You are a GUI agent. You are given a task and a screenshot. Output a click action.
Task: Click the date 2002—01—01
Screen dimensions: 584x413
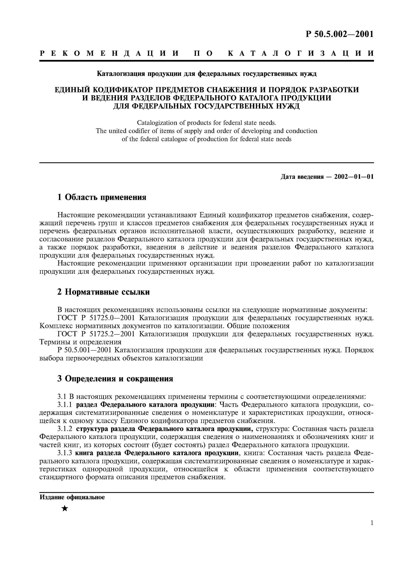pos(354,177)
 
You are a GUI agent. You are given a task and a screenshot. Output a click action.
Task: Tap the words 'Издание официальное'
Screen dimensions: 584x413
pos(72,497)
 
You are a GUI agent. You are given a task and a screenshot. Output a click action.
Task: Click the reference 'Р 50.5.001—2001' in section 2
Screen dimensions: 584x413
pos(85,350)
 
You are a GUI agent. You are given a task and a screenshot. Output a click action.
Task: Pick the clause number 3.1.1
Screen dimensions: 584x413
pos(65,405)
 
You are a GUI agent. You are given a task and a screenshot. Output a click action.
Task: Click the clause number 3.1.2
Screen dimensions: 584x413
pos(65,429)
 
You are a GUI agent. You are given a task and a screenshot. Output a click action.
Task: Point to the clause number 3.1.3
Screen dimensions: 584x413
pos(65,453)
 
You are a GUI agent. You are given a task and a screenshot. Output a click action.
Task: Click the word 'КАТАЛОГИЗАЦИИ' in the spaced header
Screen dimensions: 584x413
pos(300,53)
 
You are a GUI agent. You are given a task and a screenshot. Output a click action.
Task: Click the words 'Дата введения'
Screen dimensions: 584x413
pos(302,177)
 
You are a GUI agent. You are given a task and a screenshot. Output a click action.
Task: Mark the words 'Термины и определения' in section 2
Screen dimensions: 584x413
pos(80,342)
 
